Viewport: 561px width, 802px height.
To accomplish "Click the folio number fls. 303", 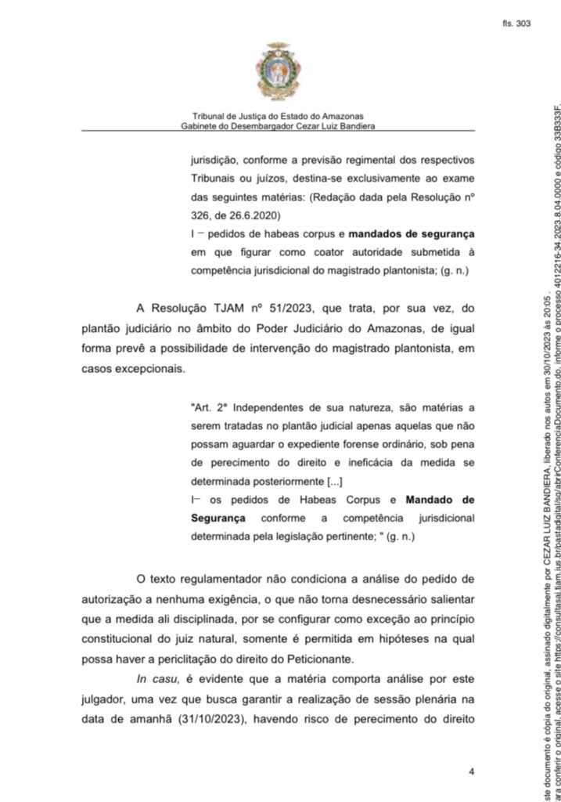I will (x=517, y=23).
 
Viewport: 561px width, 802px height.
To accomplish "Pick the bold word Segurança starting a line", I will (x=218, y=518).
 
